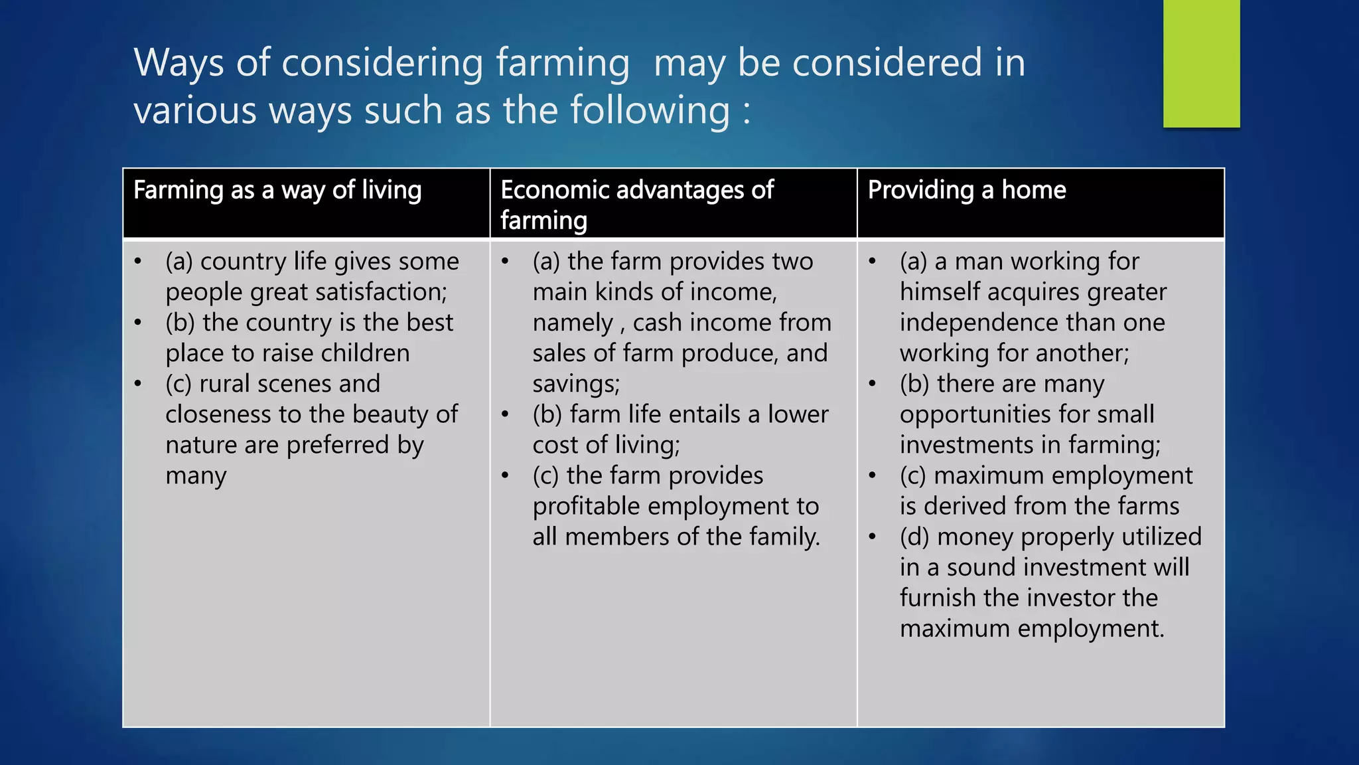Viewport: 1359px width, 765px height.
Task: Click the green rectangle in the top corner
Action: (1201, 63)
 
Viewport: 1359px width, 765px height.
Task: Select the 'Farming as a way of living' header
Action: (277, 191)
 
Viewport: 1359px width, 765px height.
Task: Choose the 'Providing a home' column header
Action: (967, 191)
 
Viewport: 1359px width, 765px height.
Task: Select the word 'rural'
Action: (224, 384)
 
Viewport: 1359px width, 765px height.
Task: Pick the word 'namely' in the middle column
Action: (572, 323)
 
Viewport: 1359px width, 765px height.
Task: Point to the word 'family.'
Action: (784, 537)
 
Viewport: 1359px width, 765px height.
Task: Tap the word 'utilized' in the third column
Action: (1161, 537)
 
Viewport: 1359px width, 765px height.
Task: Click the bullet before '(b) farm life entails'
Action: (505, 415)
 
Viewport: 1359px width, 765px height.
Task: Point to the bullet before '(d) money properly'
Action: (872, 537)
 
